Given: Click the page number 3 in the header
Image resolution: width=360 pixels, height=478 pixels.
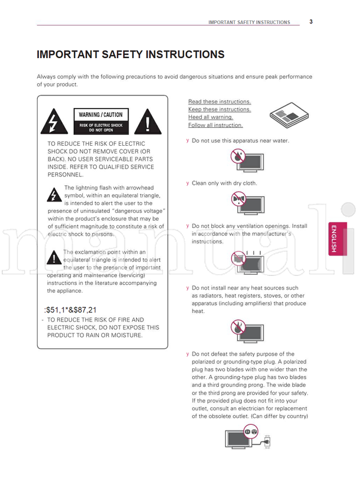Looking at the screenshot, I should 311,22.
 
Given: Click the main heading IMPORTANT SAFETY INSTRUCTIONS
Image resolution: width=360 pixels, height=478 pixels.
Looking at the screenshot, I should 131,55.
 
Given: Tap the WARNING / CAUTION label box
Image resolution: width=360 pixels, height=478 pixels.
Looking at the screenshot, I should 101,115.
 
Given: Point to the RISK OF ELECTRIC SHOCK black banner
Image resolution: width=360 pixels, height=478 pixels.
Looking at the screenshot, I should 101,127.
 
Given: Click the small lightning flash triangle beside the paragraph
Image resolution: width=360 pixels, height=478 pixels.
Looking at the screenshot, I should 53,195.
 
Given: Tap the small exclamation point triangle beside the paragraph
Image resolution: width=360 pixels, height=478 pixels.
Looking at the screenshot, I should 54,258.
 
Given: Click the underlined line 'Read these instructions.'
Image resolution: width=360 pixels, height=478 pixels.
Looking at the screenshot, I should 220,102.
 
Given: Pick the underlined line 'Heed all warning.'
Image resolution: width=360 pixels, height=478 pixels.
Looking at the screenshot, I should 211,118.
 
